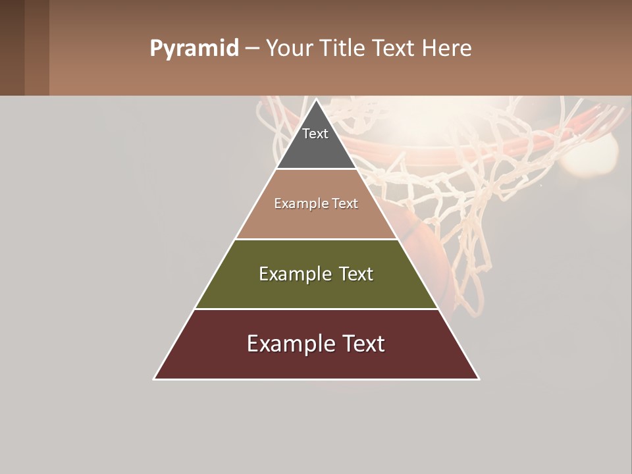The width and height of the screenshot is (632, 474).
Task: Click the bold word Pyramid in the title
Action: (x=194, y=49)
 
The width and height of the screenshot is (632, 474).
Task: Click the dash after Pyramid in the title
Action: (x=251, y=49)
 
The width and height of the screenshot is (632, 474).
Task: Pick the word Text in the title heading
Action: (x=394, y=49)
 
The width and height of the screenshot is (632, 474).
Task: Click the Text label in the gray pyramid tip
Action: (x=315, y=134)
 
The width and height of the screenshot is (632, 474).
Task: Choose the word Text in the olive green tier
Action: (x=355, y=274)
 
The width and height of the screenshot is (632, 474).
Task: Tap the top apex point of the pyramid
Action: (x=316, y=100)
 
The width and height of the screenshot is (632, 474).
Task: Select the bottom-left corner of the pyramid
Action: (x=155, y=379)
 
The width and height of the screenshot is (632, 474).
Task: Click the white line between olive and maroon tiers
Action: (x=316, y=309)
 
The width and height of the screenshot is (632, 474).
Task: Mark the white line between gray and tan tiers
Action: (x=316, y=169)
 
